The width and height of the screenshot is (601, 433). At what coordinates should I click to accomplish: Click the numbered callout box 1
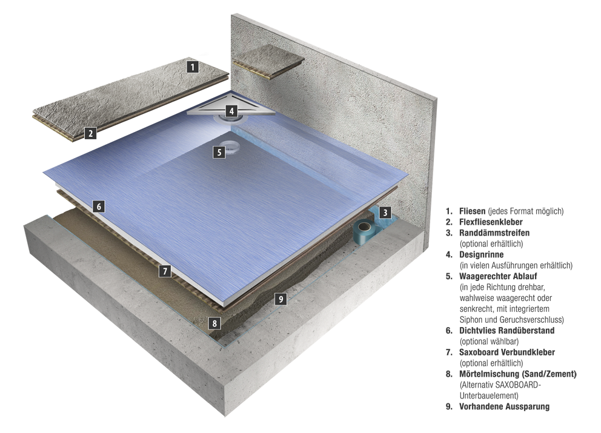pyautogui.click(x=192, y=67)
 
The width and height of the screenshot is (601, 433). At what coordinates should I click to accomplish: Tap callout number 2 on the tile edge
pyautogui.click(x=90, y=133)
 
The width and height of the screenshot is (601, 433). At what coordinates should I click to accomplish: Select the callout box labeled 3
pyautogui.click(x=385, y=213)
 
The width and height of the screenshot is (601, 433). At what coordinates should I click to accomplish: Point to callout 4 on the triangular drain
pyautogui.click(x=231, y=111)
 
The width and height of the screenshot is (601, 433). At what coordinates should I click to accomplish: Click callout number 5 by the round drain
pyautogui.click(x=219, y=152)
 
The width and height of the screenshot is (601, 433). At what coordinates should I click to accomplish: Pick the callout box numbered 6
pyautogui.click(x=99, y=207)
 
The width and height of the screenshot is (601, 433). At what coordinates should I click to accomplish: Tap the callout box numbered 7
pyautogui.click(x=164, y=271)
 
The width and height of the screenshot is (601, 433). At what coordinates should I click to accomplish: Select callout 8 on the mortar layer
pyautogui.click(x=214, y=323)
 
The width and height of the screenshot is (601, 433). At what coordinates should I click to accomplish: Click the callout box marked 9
pyautogui.click(x=279, y=298)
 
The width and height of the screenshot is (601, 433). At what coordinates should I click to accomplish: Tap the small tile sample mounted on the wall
pyautogui.click(x=267, y=63)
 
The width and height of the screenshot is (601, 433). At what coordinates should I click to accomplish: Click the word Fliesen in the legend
pyautogui.click(x=473, y=211)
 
